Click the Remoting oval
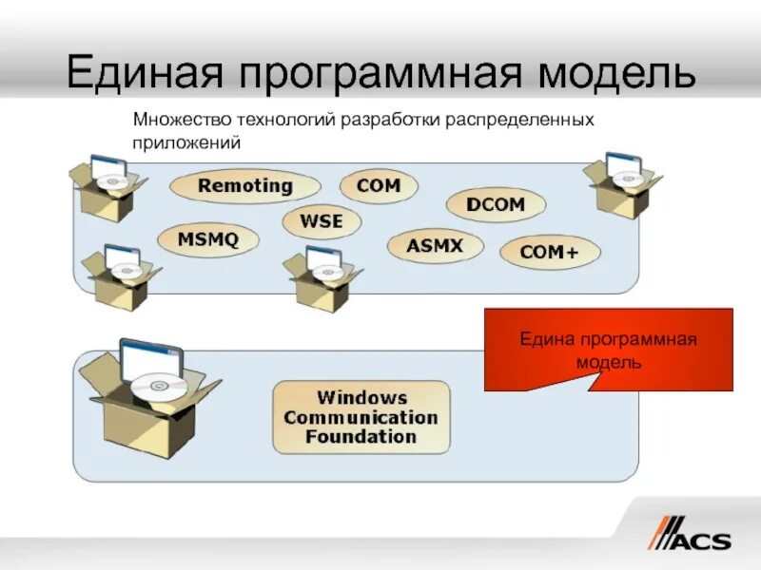click(244, 185)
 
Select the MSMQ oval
click(207, 238)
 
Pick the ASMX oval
click(434, 246)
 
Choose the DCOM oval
click(496, 204)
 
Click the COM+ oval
click(549, 252)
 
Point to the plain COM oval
click(379, 185)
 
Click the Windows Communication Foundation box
click(361, 417)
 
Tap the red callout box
click(609, 350)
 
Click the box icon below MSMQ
click(120, 277)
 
